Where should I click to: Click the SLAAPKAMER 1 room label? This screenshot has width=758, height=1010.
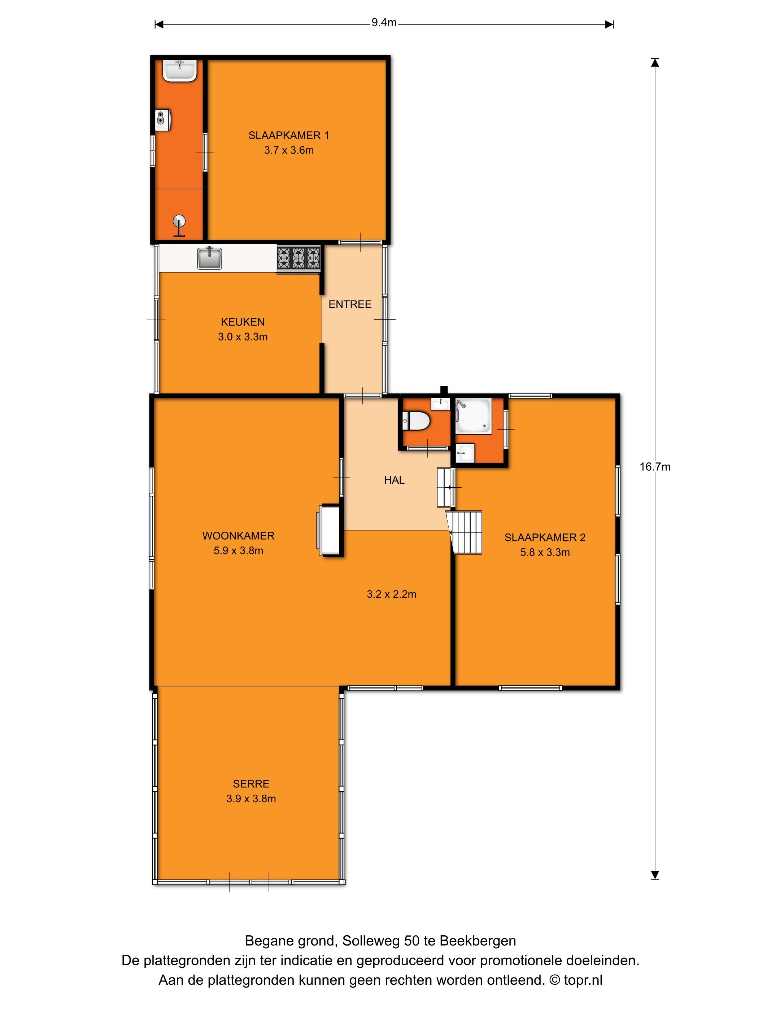tap(288, 135)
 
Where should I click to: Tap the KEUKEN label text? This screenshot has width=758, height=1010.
tap(243, 322)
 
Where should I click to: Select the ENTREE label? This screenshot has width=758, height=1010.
tap(350, 304)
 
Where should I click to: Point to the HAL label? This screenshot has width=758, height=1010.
tap(394, 480)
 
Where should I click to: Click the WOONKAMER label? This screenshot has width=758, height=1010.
tap(239, 536)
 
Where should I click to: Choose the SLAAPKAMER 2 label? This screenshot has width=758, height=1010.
tap(545, 537)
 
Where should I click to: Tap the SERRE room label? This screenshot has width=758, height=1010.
tap(251, 784)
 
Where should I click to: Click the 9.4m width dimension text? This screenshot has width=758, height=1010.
tap(384, 22)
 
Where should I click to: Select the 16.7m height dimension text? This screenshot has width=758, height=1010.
tap(655, 467)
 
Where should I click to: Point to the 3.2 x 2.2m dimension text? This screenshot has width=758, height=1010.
tap(392, 594)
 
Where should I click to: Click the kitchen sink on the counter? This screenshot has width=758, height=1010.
tap(209, 258)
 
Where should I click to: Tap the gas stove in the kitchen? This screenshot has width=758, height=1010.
tap(299, 258)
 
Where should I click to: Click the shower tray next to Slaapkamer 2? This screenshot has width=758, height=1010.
tap(473, 416)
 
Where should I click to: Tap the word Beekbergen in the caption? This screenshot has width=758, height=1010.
tap(478, 941)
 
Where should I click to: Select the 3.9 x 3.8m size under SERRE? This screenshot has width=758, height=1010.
tap(251, 799)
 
